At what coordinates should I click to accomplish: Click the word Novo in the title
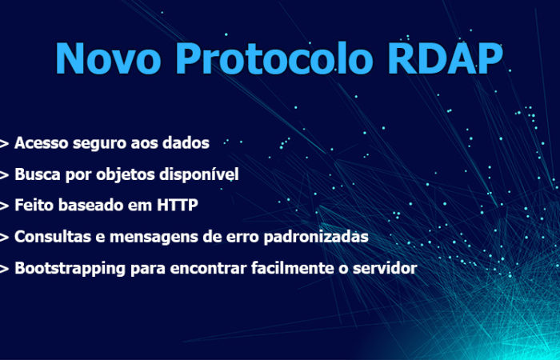[108, 58]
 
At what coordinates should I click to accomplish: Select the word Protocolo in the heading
[274, 58]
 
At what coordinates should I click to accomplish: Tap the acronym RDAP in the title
[446, 58]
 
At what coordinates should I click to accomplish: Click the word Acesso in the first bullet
[41, 143]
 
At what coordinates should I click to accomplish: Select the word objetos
[126, 175]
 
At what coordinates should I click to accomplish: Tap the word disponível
[199, 175]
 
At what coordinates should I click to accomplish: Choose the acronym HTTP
[178, 205]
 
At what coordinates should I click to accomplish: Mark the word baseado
[91, 205]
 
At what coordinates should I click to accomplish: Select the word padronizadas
[316, 238]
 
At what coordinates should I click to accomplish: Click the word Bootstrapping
[70, 269]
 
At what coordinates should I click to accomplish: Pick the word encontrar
[208, 268]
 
